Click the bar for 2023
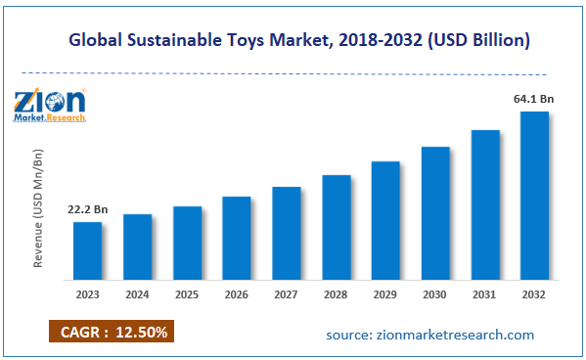click(87, 249)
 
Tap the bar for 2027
click(286, 232)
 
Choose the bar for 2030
click(435, 212)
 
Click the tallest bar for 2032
click(534, 195)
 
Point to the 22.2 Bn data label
click(87, 209)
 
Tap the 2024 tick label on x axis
click(137, 292)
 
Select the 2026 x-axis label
click(236, 292)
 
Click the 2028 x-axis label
click(336, 292)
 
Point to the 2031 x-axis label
click(484, 292)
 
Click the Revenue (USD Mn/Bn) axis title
click(39, 208)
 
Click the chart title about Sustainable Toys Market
click(299, 41)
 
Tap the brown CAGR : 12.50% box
click(110, 332)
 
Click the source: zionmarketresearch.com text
click(430, 335)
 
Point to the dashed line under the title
click(293, 72)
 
